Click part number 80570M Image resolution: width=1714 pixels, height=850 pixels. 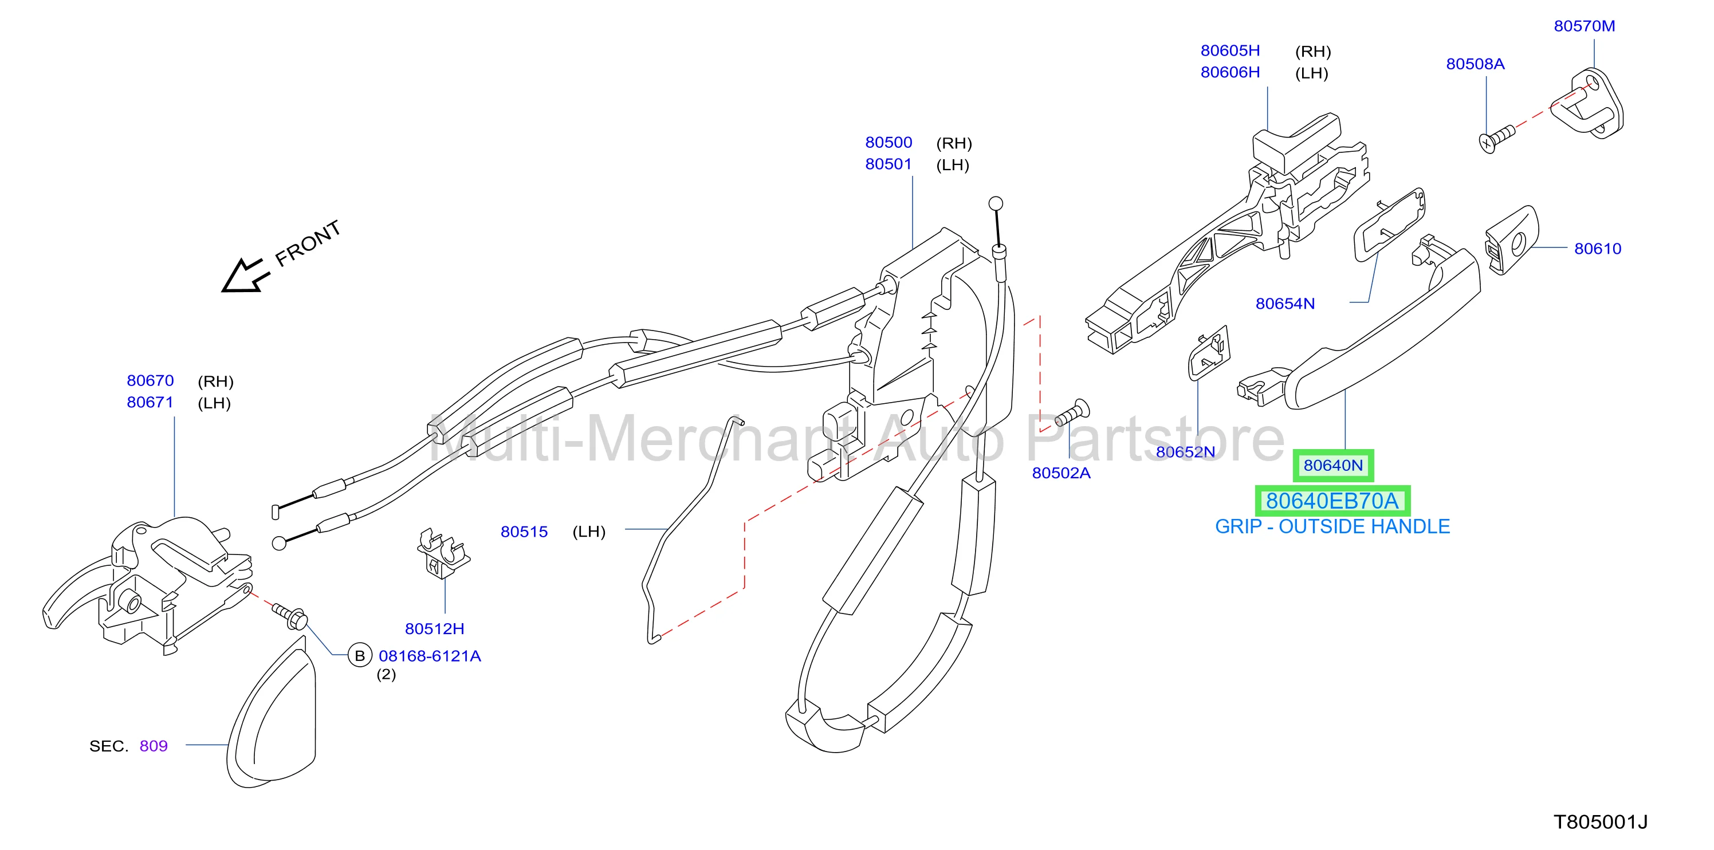(1585, 26)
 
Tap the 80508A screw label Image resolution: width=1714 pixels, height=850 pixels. (1475, 64)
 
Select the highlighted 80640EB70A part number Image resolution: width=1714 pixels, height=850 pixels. (1332, 501)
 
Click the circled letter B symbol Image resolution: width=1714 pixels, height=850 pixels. (360, 656)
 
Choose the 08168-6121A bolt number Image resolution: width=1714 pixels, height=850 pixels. (430, 656)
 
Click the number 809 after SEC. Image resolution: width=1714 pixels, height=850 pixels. (154, 746)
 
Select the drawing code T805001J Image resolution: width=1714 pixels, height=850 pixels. (1601, 822)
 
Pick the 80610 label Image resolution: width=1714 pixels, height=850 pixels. (1598, 249)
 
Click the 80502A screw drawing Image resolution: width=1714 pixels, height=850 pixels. (1072, 413)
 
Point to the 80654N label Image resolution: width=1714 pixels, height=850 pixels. (1285, 304)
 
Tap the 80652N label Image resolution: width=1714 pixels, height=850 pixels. (1185, 452)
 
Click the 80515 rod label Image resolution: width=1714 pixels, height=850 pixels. (524, 532)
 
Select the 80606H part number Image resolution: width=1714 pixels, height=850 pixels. (1231, 73)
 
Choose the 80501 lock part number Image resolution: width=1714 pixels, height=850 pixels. (889, 164)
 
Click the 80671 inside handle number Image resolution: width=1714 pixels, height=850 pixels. (150, 403)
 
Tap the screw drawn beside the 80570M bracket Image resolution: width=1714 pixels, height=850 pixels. (1496, 139)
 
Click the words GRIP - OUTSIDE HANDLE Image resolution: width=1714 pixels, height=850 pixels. (1332, 527)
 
